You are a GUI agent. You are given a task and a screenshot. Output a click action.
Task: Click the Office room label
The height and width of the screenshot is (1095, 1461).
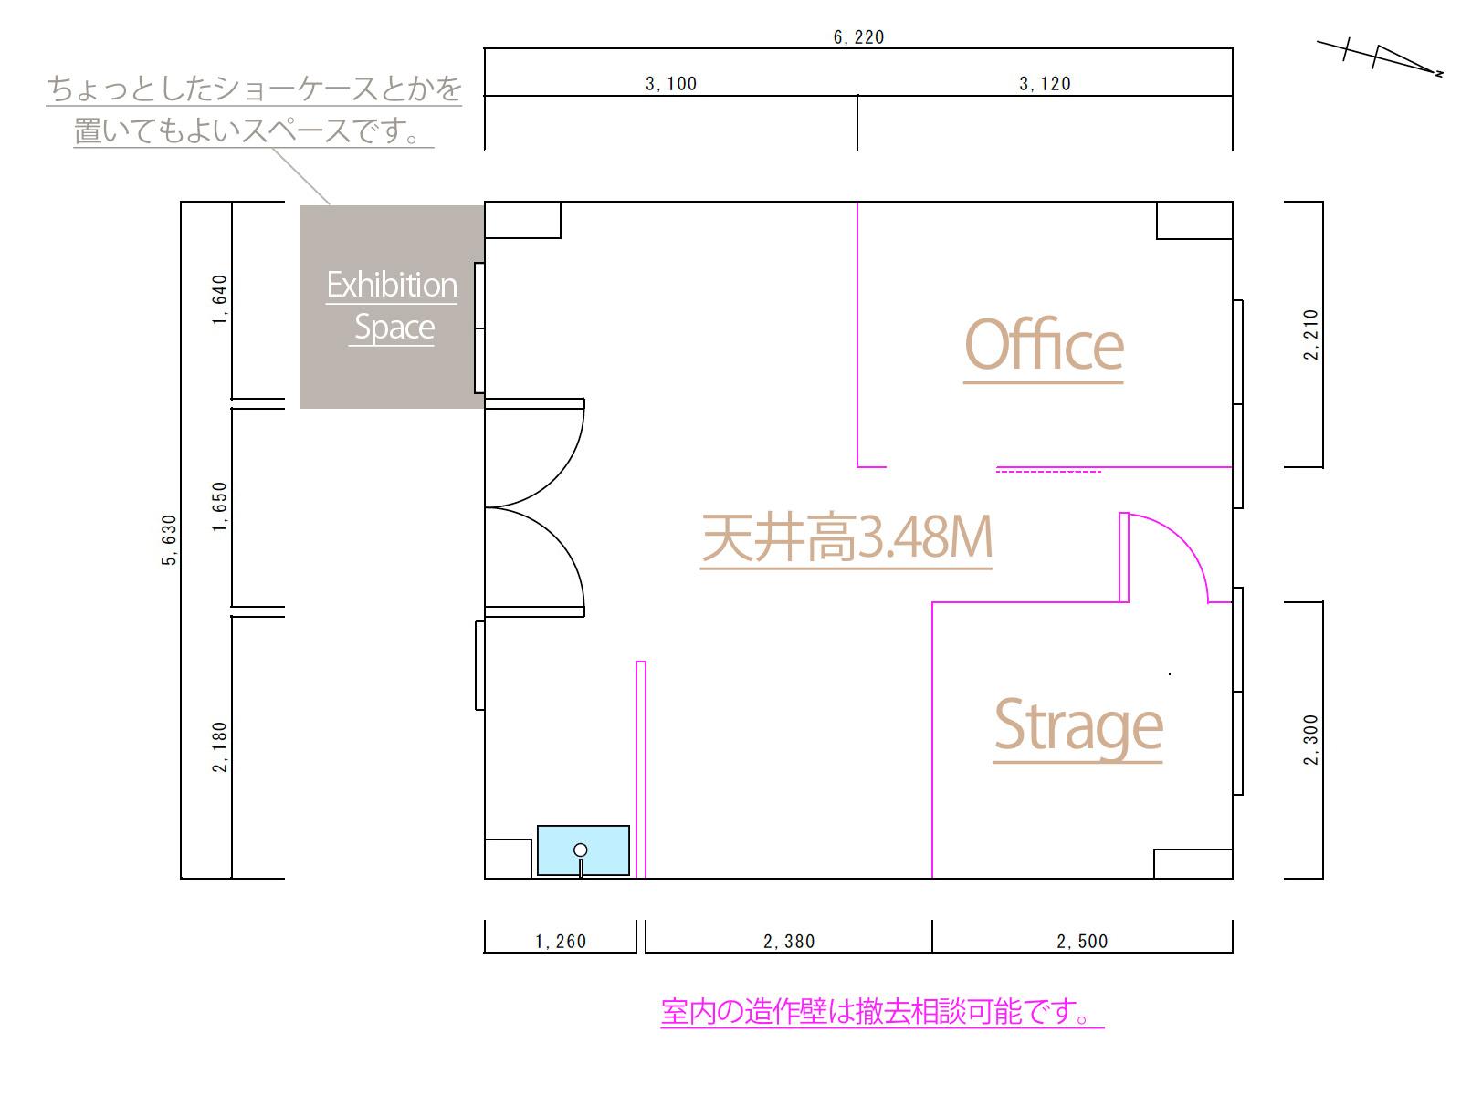click(1043, 346)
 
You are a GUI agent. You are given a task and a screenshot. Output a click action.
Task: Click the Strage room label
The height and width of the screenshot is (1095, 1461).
click(1077, 725)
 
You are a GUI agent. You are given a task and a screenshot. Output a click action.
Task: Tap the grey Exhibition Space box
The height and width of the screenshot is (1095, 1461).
click(391, 307)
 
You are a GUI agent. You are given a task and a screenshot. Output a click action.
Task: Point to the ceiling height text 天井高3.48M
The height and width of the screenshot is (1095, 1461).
click(846, 538)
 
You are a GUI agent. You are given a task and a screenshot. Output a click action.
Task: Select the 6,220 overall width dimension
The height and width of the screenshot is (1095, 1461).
click(858, 37)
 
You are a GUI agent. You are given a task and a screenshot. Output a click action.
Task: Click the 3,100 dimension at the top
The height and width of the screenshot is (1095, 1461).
click(671, 84)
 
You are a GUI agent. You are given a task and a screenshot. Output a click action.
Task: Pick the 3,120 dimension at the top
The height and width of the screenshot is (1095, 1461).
click(1045, 84)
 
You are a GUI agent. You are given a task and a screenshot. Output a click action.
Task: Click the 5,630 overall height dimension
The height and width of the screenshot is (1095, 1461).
click(169, 540)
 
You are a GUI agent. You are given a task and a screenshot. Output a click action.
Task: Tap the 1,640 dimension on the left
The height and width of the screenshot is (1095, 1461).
click(219, 300)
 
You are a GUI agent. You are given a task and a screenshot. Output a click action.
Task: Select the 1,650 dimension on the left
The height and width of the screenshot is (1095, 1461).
click(219, 507)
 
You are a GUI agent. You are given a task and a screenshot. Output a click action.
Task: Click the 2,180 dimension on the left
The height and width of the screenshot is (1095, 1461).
click(219, 747)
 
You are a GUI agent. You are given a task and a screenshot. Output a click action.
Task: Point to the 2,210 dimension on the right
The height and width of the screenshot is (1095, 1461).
click(1311, 335)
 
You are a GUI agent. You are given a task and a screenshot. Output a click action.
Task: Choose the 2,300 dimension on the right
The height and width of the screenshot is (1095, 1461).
click(1311, 740)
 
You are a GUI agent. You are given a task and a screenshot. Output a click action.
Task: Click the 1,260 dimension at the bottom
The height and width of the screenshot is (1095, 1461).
click(561, 942)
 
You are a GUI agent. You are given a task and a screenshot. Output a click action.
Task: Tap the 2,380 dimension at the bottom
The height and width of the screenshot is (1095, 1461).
click(789, 942)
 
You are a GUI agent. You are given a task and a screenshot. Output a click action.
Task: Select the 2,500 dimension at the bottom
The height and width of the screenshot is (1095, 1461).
click(1082, 942)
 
